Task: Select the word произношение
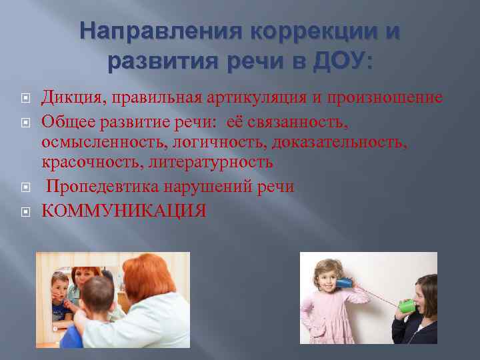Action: coord(386,98)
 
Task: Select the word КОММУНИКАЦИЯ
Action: coord(124,211)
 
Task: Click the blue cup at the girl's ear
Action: coord(343,283)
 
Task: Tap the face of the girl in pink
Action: coord(327,277)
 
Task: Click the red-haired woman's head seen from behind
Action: coord(162,275)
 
